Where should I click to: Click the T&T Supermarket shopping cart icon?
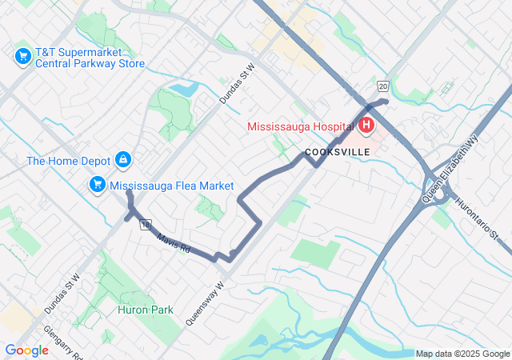(x=22, y=56)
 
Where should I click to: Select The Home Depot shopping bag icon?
(x=123, y=161)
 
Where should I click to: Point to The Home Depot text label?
(x=68, y=161)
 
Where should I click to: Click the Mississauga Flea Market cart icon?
(x=98, y=186)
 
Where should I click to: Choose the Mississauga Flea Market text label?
(x=172, y=186)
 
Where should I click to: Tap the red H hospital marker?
(x=366, y=125)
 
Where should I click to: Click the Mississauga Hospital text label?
(x=301, y=126)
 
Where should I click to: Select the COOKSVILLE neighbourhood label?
(x=336, y=152)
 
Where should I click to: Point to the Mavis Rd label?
(x=174, y=243)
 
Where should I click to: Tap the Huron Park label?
(x=145, y=309)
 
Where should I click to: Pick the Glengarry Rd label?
(x=60, y=339)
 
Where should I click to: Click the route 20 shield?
(x=383, y=86)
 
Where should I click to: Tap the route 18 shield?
(x=145, y=225)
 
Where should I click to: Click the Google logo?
(x=26, y=350)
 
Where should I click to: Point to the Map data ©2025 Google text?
(x=462, y=354)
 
